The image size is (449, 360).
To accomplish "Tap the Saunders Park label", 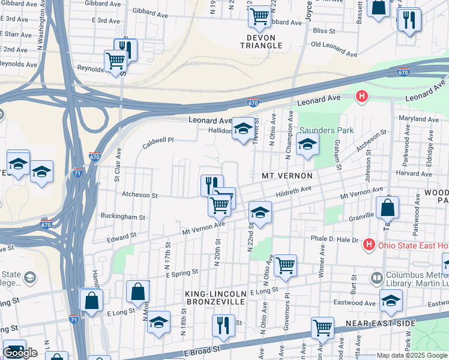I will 327,130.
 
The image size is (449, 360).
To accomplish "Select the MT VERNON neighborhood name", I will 287,176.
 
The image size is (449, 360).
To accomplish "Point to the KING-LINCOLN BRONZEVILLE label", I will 215,297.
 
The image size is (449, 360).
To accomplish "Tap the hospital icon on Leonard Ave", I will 361,95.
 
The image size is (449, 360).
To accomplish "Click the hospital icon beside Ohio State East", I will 369,245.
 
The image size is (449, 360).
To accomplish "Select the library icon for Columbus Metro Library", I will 376,278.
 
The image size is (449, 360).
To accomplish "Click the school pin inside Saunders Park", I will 307,145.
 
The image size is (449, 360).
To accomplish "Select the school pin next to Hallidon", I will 243,128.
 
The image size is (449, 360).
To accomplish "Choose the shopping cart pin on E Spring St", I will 285,265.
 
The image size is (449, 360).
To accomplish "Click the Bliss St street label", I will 323,30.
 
